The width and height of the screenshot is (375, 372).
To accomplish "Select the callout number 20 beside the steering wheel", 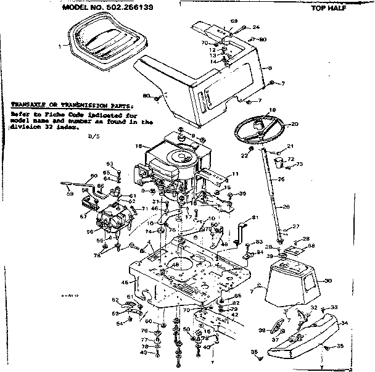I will pos(294,124).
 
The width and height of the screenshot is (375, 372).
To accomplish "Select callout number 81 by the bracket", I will pos(255,218).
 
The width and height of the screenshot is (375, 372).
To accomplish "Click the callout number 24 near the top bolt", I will pos(256,27).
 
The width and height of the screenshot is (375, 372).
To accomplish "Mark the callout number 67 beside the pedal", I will pos(84,216).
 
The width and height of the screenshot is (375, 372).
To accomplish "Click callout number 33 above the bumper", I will pos(334,307).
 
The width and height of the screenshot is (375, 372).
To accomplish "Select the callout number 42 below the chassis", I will pos(235,314).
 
